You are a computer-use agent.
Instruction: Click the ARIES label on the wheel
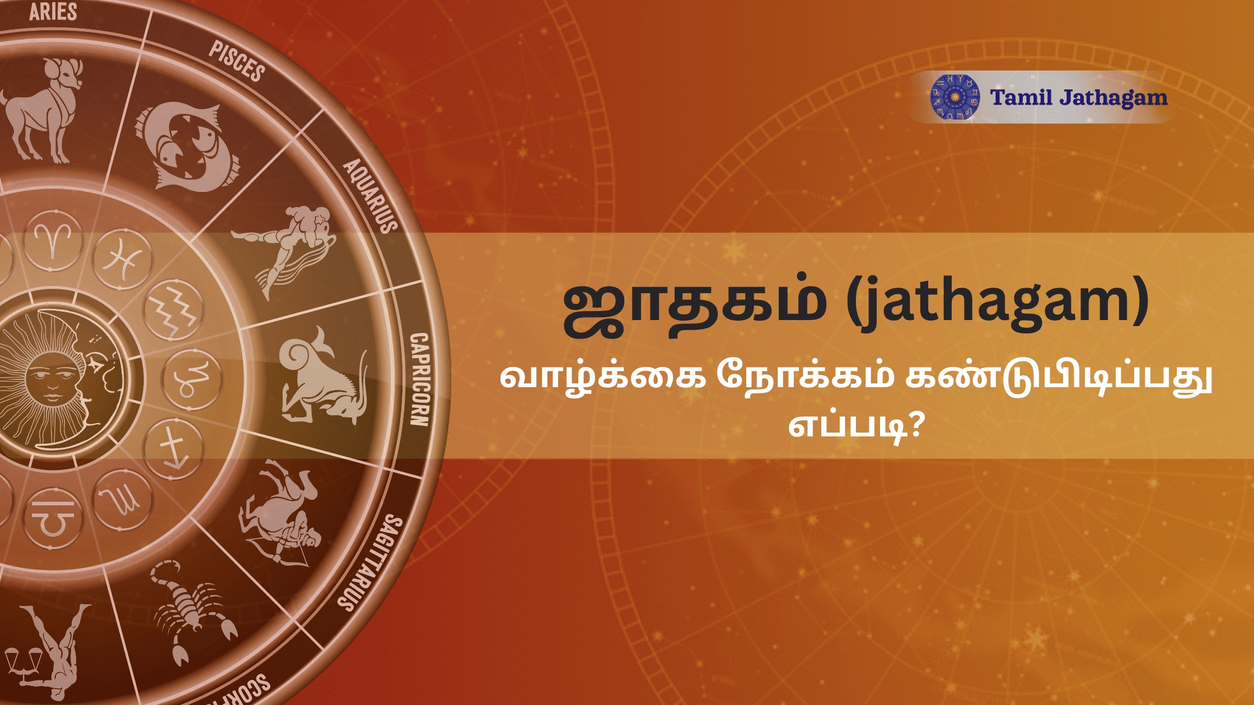coord(53,12)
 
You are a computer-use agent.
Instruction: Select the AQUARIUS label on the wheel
coord(370,196)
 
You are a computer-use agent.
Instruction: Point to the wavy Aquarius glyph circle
coord(174,311)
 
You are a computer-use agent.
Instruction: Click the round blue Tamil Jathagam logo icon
coord(955,97)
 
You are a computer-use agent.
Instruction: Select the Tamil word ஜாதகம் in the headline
coord(694,305)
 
